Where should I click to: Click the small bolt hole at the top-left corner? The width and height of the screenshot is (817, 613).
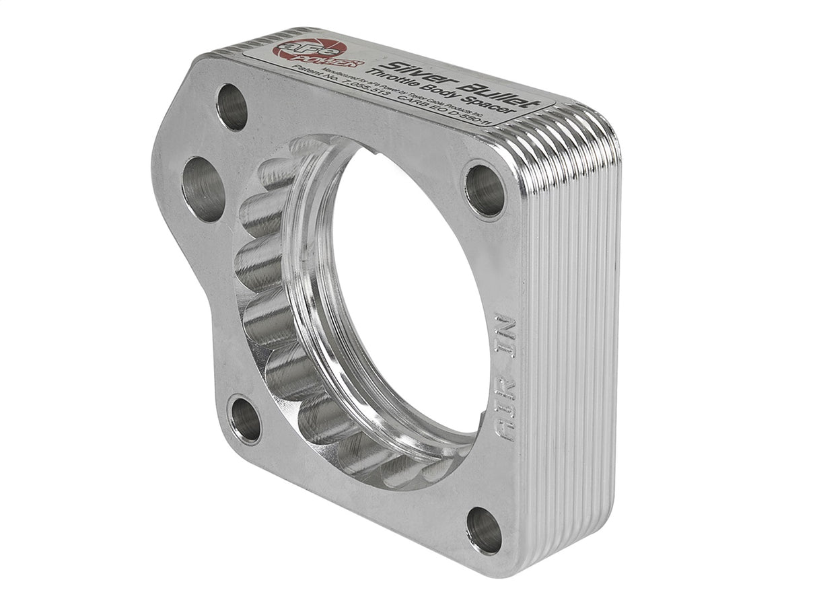coord(232,107)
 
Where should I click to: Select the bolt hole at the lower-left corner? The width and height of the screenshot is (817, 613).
coord(245,420)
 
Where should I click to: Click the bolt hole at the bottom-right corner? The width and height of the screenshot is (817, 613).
coord(484,530)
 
